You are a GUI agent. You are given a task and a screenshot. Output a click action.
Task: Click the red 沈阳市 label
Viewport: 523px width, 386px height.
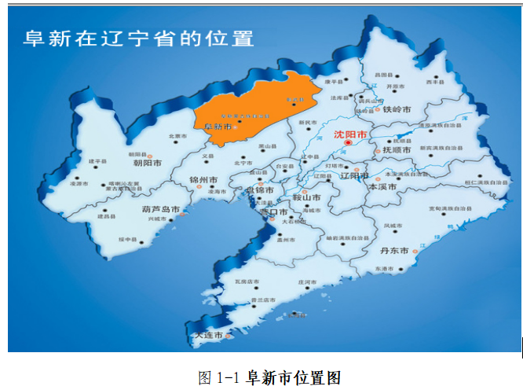[x=349, y=134]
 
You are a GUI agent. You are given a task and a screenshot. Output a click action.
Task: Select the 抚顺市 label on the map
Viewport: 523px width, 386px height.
[x=396, y=150]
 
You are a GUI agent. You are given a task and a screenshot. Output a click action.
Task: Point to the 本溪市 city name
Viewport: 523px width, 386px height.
[x=384, y=189]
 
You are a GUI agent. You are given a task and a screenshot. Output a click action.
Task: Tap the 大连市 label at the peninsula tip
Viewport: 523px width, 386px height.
[x=207, y=336]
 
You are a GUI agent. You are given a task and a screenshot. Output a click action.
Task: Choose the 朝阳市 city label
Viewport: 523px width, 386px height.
[x=147, y=164]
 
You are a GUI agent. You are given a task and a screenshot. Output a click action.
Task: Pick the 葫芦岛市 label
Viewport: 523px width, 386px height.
[x=160, y=210]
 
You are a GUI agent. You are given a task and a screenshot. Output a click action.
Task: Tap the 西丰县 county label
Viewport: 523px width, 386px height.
[x=435, y=81]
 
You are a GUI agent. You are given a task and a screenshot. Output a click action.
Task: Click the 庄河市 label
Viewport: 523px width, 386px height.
[x=306, y=281]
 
